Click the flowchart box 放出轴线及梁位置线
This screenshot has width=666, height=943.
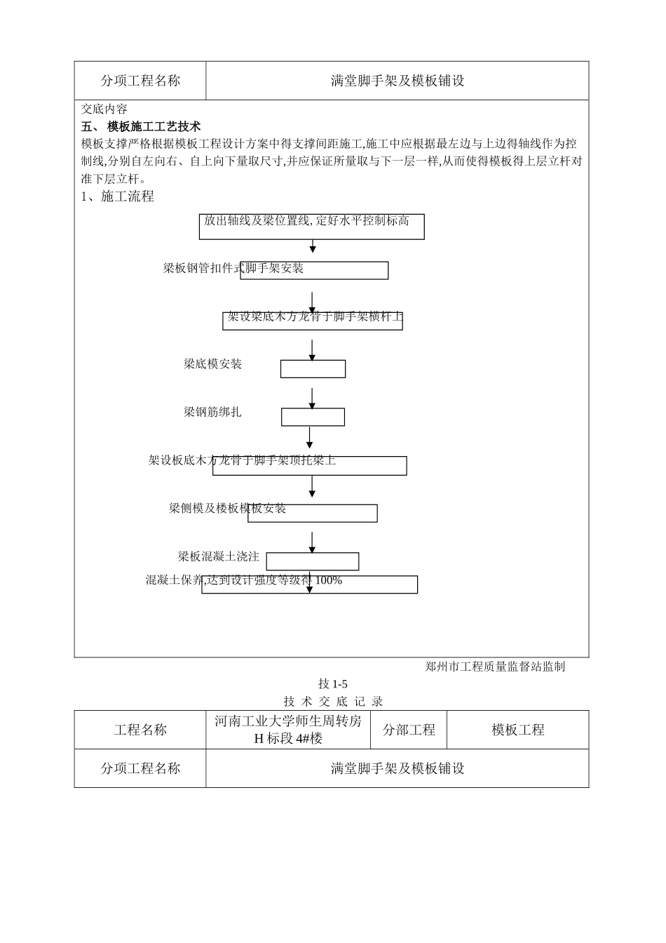pos(312,226)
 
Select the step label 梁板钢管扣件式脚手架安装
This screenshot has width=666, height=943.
pos(233,268)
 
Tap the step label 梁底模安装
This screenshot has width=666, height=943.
pos(212,363)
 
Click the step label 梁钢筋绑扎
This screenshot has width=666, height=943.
pos(212,412)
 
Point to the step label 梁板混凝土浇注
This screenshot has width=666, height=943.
pos(218,556)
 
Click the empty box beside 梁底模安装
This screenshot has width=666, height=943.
pos(313,369)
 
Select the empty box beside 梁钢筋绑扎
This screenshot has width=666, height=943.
pos(313,417)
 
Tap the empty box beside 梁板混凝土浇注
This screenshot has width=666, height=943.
pos(313,561)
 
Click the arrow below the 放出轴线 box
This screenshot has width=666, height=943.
pos(313,246)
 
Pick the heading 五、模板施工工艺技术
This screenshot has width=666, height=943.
pos(142,126)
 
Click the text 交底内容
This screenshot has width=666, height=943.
pos(104,109)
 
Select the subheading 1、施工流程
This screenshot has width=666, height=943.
pos(118,196)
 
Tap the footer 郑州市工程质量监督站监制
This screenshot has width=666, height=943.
pos(495,667)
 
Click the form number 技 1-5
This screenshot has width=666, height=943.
pos(332,684)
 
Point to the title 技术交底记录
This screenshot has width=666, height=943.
pos(332,701)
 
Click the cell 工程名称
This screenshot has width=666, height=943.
pos(140,730)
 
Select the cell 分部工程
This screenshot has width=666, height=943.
pos(409,730)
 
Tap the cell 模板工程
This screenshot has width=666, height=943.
pos(517,730)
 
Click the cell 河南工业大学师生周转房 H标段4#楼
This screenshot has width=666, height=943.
pos(288,730)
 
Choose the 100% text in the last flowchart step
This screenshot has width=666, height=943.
pos(329,580)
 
